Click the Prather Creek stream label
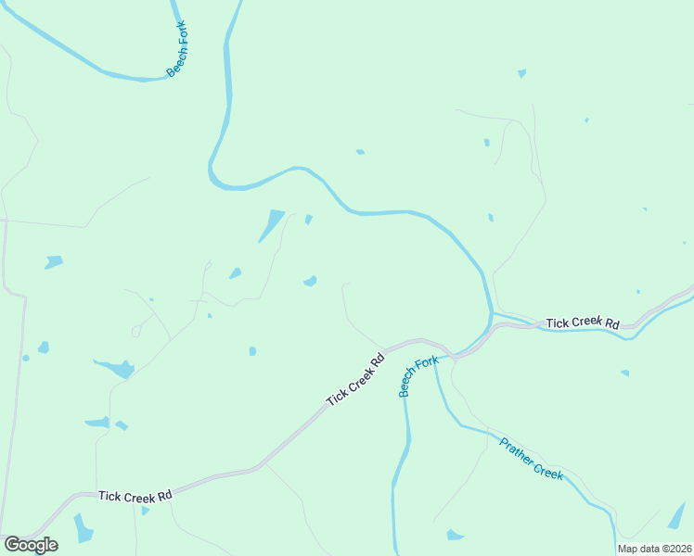point(532,459)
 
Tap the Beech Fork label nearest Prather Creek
point(418,377)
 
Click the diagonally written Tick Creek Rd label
point(355,379)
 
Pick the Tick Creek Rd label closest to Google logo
point(135,497)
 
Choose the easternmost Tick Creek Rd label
point(583,322)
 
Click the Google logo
point(31,545)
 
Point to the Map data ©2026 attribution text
point(653,549)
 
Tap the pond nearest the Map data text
point(676,516)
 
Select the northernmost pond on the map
point(521,73)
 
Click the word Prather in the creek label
point(516,449)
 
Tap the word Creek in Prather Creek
point(548,470)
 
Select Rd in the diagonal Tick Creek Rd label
point(378,359)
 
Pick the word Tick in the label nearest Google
point(109,498)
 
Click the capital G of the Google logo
point(11,544)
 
